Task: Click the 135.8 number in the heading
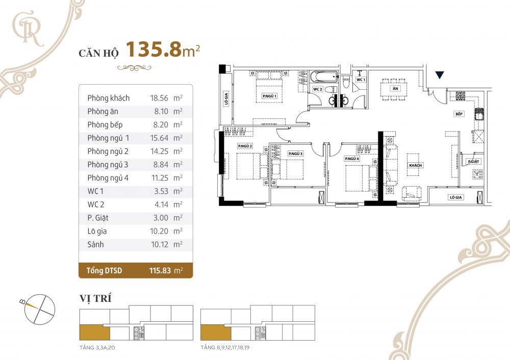153,49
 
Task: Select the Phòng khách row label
108,98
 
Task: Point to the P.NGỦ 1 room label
269,96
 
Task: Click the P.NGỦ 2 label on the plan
245,146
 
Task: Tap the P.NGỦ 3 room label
295,153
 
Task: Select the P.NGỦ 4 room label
352,159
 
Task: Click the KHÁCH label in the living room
415,166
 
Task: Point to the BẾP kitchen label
459,114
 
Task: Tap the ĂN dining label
395,88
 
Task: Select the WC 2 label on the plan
318,89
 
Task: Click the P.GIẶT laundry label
473,162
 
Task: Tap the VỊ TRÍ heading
95,298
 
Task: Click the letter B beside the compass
22,301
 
